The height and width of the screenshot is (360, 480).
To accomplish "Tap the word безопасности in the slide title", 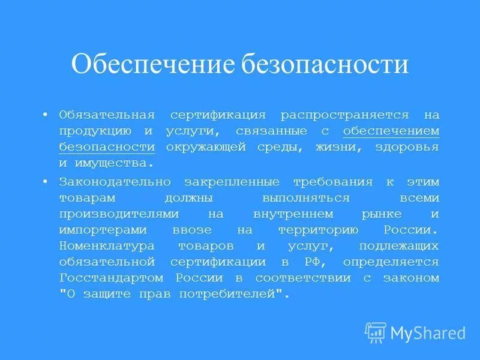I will tap(325, 64).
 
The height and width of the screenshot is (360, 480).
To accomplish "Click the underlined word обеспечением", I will tap(391, 131).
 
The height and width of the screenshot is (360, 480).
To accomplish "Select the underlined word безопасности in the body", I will tap(107, 147).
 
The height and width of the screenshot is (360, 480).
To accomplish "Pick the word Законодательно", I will tap(115, 181).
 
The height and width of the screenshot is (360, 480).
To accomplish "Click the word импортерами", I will tap(99, 229).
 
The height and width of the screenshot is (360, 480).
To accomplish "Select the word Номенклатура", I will tap(107, 245).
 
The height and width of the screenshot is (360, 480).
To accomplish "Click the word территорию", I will tap(318, 229).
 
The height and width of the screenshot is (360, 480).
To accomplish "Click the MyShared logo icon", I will tap(376, 332).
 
